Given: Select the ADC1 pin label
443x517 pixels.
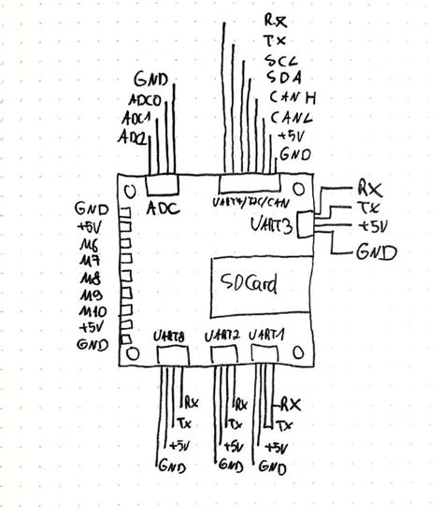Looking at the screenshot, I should [x=136, y=120].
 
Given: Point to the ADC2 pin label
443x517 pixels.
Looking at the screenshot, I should [x=131, y=138].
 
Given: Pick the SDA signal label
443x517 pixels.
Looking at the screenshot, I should [x=283, y=78].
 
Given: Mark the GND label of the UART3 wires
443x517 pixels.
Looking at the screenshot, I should [x=377, y=251].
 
